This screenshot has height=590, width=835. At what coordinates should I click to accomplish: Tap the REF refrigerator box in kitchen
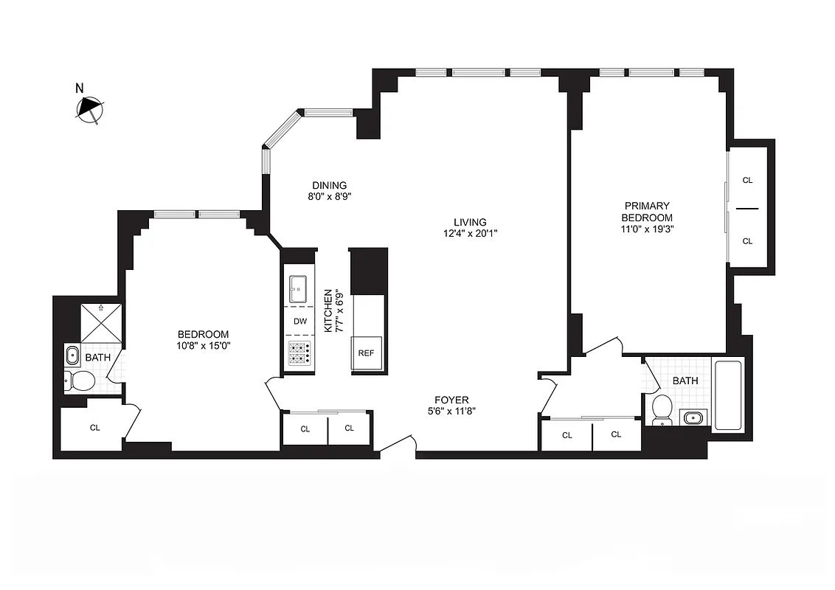point(366,353)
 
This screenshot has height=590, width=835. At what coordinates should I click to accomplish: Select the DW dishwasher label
point(300,322)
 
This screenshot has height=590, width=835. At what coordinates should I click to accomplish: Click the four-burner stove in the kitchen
point(300,355)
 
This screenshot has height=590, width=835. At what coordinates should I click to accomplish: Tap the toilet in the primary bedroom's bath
point(662,409)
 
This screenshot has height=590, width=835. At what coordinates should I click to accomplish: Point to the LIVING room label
point(470,222)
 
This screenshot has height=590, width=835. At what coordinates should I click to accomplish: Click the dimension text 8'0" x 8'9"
point(328,197)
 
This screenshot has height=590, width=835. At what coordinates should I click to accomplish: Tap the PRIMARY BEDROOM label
point(647,212)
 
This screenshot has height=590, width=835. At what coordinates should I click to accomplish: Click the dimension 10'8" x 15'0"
point(202,346)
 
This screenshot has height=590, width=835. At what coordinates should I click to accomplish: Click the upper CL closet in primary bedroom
point(747,180)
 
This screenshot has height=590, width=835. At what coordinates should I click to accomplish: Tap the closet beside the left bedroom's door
point(94,427)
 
